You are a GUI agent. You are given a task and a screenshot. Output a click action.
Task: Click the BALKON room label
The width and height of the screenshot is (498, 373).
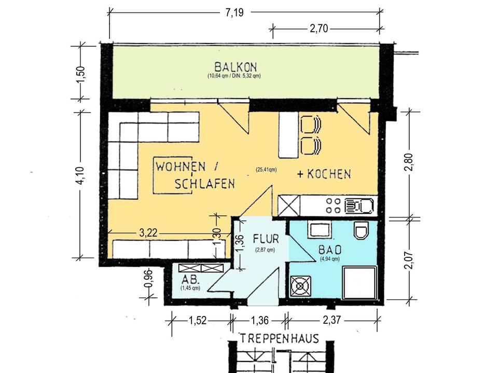(x=236, y=67)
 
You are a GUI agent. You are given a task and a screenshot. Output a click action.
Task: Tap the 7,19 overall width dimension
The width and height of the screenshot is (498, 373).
(x=234, y=12)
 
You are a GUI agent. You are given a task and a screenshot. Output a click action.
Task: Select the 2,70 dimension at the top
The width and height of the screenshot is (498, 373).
(x=319, y=29)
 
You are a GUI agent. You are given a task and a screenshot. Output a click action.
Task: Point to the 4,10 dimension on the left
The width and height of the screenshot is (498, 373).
(x=81, y=175)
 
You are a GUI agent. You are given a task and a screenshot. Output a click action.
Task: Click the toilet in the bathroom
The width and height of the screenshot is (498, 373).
(x=362, y=230)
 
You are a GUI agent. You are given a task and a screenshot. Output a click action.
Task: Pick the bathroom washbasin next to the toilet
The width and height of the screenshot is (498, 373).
(x=320, y=229)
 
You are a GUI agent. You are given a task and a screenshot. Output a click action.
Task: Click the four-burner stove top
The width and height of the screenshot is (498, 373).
(x=334, y=205)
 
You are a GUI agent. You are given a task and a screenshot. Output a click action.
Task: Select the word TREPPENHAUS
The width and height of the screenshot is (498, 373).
(x=279, y=339)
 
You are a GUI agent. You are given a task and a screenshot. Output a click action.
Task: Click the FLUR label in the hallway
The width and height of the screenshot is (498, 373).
(x=266, y=239)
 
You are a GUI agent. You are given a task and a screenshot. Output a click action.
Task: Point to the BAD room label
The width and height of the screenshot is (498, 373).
(x=330, y=250)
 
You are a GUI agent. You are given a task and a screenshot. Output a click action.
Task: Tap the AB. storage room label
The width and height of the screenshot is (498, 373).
(x=190, y=280)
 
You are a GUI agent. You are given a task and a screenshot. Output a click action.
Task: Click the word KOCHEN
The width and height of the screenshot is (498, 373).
(x=329, y=174)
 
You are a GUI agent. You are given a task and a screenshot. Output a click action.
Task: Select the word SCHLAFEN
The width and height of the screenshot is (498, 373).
(x=205, y=184)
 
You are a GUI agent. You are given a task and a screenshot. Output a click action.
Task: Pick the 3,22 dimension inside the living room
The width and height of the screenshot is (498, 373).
(x=148, y=233)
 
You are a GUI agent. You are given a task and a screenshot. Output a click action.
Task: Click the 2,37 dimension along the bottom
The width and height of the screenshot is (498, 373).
(x=332, y=320)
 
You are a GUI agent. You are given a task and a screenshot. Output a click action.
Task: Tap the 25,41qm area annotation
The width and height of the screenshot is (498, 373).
(x=266, y=170)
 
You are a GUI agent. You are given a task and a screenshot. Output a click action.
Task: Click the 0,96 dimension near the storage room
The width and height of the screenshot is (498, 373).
(x=149, y=279)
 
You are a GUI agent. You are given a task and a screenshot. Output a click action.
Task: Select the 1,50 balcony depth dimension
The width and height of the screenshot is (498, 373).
(x=81, y=74)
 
